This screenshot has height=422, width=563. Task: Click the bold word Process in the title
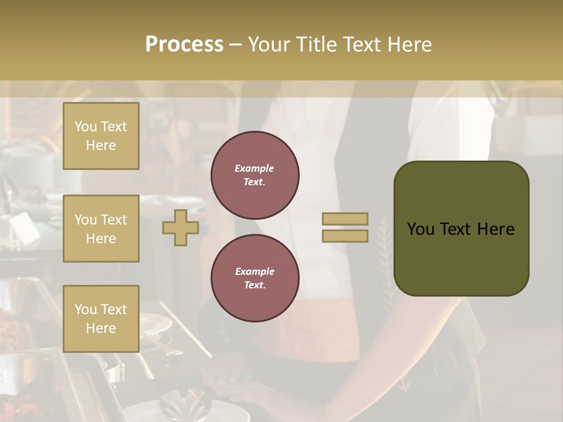[x=184, y=45]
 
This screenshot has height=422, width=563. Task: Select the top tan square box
[x=101, y=136]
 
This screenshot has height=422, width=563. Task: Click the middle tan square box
[x=101, y=229]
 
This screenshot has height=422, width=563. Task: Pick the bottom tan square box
[x=101, y=319]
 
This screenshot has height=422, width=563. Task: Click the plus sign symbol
[x=181, y=227]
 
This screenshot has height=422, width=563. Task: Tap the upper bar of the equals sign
[x=345, y=219]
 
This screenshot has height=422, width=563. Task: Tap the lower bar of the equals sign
[x=345, y=236]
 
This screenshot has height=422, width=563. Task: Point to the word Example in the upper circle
[x=254, y=168]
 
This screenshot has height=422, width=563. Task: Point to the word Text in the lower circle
[x=254, y=285]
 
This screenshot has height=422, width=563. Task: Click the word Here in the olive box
[x=496, y=229]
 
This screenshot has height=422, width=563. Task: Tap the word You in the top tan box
[x=85, y=127]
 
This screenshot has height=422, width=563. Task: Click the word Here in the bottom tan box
[x=101, y=328]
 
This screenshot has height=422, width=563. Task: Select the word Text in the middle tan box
[x=114, y=220]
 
